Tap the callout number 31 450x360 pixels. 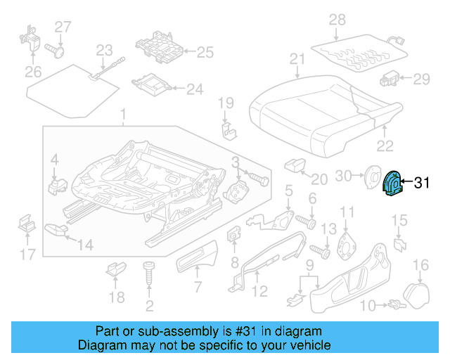421,184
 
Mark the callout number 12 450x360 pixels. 259,290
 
